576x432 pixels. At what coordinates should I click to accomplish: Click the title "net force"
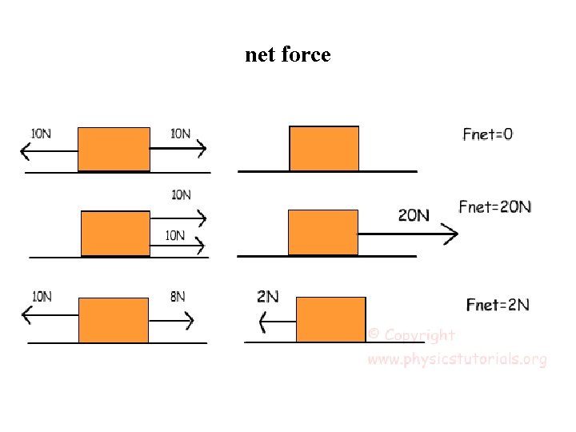[x=287, y=54]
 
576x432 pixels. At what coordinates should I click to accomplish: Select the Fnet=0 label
[x=487, y=134]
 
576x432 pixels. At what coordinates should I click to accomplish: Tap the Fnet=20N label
[x=494, y=207]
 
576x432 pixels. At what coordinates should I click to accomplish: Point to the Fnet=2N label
[x=498, y=305]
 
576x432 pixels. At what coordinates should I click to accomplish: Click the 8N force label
[x=178, y=297]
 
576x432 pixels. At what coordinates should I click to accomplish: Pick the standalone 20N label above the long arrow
[x=414, y=214]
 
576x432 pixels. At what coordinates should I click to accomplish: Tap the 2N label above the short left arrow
[x=268, y=296]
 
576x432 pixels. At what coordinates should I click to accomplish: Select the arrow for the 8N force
[x=171, y=320]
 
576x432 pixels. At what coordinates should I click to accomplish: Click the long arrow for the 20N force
[x=408, y=234]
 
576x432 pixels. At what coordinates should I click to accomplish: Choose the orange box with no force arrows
[x=323, y=149]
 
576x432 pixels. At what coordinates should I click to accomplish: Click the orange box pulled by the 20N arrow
[x=322, y=232]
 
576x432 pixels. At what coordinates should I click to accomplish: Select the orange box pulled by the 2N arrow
[x=330, y=319]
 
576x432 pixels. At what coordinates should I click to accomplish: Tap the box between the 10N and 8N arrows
[x=113, y=320]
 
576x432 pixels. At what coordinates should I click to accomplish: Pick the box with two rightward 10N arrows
[x=115, y=234]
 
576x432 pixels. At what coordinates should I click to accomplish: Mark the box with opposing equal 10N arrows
[x=114, y=149]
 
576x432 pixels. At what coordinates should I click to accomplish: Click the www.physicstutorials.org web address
[x=457, y=359]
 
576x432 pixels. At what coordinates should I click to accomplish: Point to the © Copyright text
[x=411, y=336]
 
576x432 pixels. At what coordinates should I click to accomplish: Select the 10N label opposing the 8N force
[x=42, y=296]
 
